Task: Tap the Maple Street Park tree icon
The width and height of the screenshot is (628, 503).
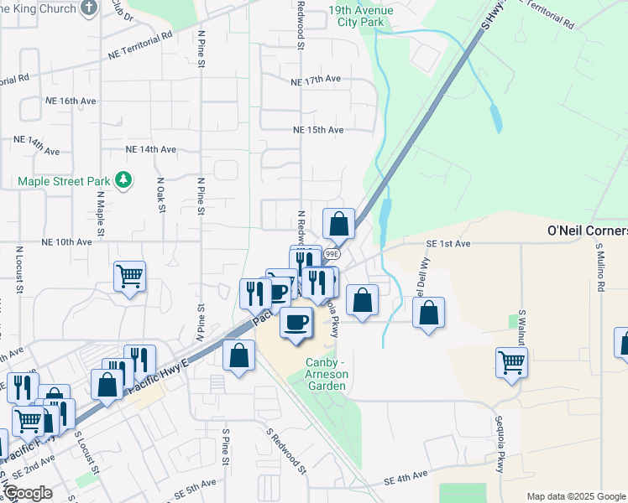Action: pyautogui.click(x=123, y=180)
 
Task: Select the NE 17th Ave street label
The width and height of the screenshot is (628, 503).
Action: pyautogui.click(x=315, y=80)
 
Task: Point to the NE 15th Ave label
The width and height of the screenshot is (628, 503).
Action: pyautogui.click(x=318, y=130)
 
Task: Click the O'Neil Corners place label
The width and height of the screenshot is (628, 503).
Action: pyautogui.click(x=587, y=231)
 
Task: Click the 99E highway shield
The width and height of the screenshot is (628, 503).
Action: pyautogui.click(x=332, y=253)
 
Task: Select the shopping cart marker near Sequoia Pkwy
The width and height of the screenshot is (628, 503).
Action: pyautogui.click(x=510, y=362)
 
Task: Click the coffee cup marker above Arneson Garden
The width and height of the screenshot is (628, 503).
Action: pyautogui.click(x=295, y=321)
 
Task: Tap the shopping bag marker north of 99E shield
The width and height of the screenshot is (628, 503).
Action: pyautogui.click(x=338, y=223)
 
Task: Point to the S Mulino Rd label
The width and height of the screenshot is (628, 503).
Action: pyautogui.click(x=599, y=268)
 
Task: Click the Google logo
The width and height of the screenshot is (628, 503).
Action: pyautogui.click(x=28, y=493)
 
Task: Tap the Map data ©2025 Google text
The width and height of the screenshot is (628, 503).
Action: pyautogui.click(x=575, y=496)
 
